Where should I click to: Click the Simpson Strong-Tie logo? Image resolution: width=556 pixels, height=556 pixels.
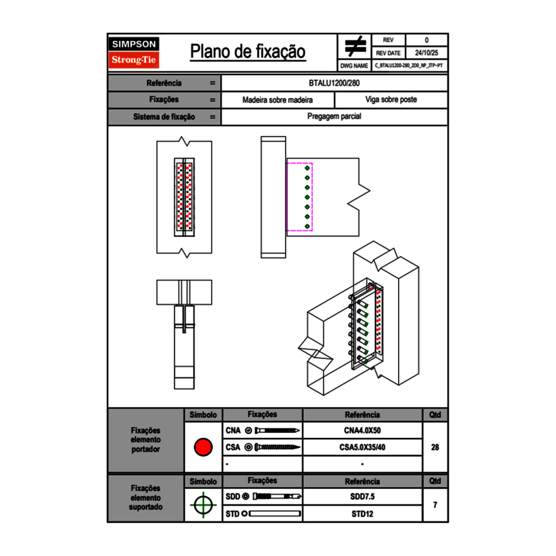134,52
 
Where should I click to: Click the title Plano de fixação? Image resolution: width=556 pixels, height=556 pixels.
248,52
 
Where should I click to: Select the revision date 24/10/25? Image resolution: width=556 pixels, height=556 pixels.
426,53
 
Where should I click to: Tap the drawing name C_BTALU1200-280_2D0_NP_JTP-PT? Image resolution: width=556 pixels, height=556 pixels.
408,65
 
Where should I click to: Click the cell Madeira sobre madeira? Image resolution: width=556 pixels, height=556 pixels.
277,100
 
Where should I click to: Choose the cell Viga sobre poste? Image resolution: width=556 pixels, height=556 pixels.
390,100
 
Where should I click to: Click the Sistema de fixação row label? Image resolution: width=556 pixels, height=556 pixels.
164,117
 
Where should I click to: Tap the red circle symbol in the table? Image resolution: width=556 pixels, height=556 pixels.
203,447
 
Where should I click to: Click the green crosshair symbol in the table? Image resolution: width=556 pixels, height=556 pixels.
203,505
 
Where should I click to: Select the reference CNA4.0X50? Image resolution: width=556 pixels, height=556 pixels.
362,431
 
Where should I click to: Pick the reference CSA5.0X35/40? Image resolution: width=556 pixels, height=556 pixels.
362,447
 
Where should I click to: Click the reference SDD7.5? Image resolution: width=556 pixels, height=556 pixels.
362,497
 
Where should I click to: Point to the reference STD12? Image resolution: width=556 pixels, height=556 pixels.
362,514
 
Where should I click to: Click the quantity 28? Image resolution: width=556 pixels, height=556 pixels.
435,447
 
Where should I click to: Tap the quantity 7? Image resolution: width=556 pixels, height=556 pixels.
435,505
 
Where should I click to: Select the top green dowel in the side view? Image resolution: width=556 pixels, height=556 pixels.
308,169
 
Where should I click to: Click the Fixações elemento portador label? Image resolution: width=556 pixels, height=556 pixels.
145,440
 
